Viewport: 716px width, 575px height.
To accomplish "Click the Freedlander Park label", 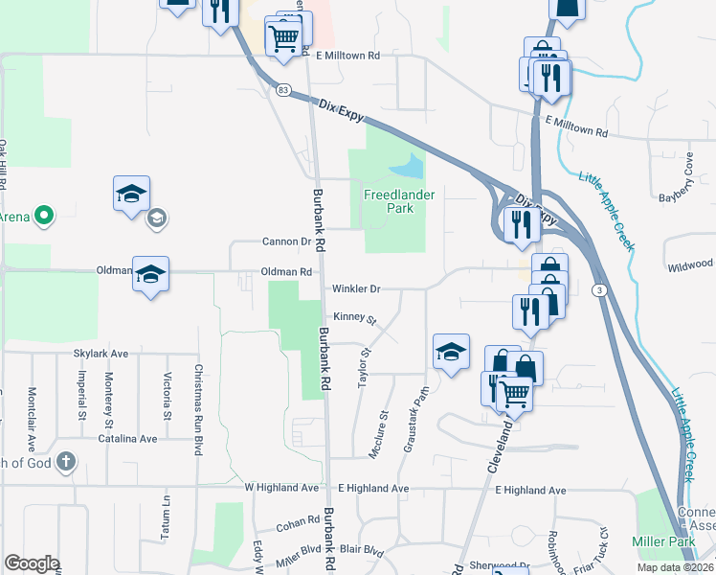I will click(x=399, y=200).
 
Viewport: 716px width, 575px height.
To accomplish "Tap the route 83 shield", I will click(x=283, y=90).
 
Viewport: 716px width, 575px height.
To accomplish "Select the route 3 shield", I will click(x=598, y=290).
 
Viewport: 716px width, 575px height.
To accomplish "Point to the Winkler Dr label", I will click(x=356, y=288).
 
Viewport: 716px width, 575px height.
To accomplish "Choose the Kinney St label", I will click(x=356, y=317).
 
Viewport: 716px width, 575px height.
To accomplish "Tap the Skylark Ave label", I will click(x=101, y=354).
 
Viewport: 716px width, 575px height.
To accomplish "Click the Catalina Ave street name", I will click(x=127, y=439).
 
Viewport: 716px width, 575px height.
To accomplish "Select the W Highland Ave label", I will click(x=281, y=489).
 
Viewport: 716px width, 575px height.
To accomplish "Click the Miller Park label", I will click(x=663, y=542).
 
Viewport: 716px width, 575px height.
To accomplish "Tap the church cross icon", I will click(x=65, y=461).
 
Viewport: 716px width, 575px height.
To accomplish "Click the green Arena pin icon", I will click(x=42, y=217).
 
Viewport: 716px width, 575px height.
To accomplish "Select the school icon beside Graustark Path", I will click(x=451, y=351).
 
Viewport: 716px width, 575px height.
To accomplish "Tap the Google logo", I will click(x=32, y=563).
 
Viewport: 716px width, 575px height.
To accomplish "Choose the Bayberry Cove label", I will click(x=688, y=182).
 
